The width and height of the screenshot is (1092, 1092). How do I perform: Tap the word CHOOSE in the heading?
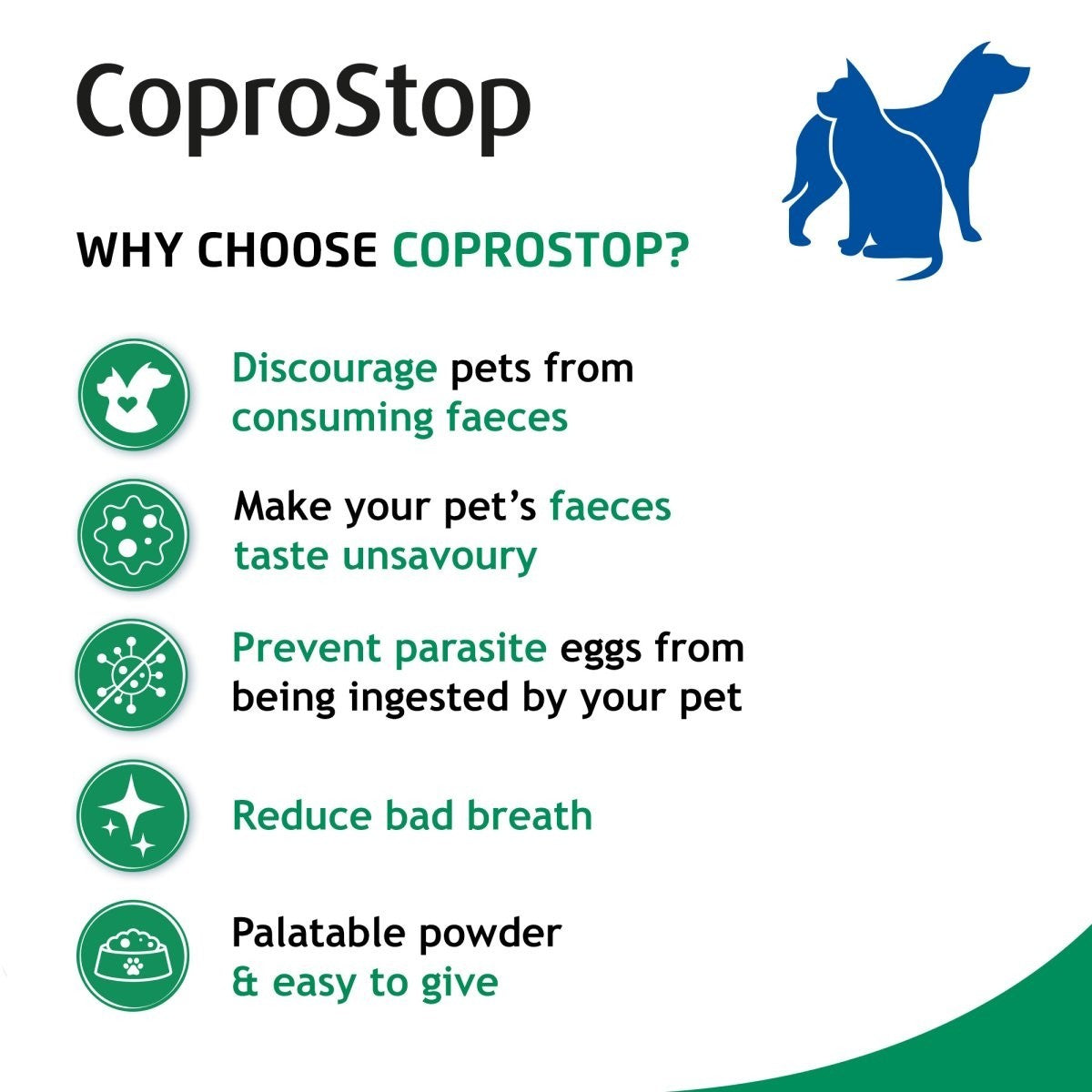click(x=287, y=249)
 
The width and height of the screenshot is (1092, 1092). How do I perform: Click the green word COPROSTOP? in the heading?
click(x=541, y=249)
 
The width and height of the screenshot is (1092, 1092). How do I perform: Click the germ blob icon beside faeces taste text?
click(x=133, y=534)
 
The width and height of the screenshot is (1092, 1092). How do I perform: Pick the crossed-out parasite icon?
click(x=133, y=674)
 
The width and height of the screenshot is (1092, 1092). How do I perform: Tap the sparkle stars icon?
click(x=133, y=815)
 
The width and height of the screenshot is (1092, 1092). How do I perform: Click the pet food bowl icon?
click(x=133, y=955)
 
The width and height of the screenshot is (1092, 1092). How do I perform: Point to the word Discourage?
click(x=334, y=369)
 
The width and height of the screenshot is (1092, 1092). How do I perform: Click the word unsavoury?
click(x=440, y=556)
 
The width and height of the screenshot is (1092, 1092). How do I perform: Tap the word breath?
click(x=530, y=815)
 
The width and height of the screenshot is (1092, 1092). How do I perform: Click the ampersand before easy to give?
click(x=245, y=983)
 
